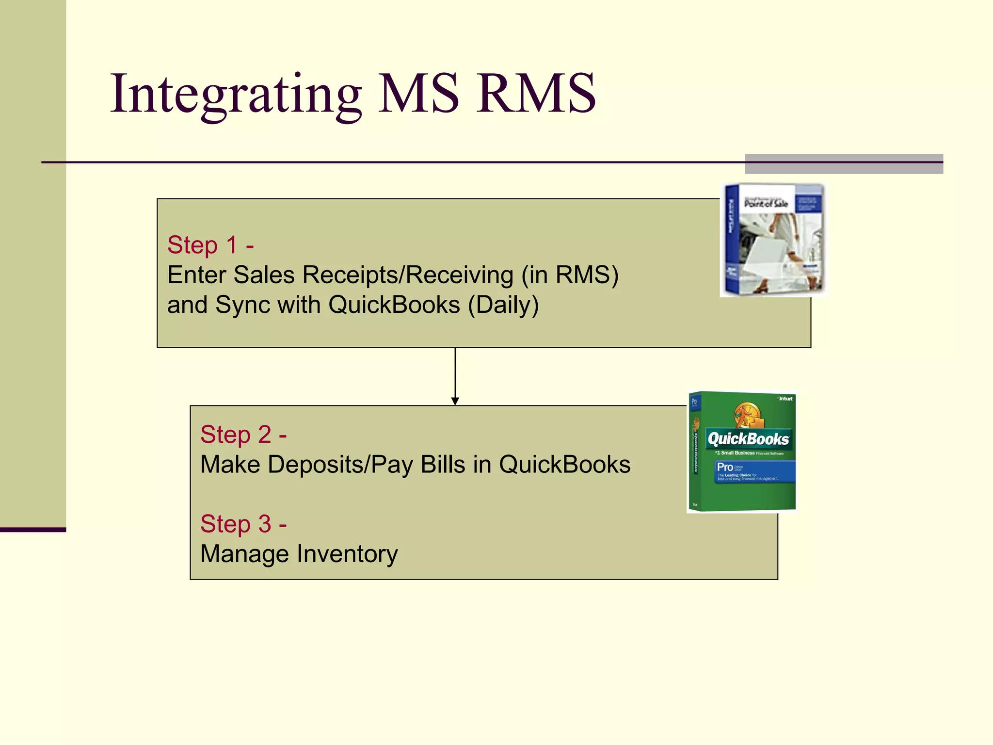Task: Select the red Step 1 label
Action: pyautogui.click(x=210, y=245)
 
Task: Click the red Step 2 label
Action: pyautogui.click(x=243, y=435)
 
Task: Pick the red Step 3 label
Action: pyautogui.click(x=243, y=524)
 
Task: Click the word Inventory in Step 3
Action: pyautogui.click(x=347, y=554)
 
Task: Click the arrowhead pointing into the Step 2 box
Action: pyautogui.click(x=455, y=401)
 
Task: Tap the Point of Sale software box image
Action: pyautogui.click(x=774, y=240)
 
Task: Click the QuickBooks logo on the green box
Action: pyautogui.click(x=748, y=439)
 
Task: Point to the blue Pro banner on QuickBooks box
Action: pyautogui.click(x=755, y=471)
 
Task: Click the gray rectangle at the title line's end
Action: pyautogui.click(x=844, y=164)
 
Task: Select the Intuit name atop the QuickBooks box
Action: pyautogui.click(x=785, y=399)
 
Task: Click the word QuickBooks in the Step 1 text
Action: pyautogui.click(x=394, y=305)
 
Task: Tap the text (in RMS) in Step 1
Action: pyautogui.click(x=570, y=275)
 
